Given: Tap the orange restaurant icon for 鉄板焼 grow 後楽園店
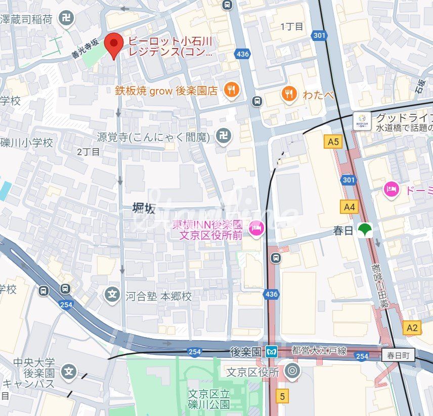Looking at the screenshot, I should coord(232,90).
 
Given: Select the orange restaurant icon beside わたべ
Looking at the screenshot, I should coord(289,94).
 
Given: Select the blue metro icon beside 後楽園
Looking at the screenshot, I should coord(272,351).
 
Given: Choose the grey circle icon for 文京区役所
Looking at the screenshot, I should coord(292,372).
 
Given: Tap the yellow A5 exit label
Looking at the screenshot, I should coord(333,142).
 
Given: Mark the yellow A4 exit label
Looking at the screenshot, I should coord(350,206).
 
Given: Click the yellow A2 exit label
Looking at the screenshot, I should coord(412,328).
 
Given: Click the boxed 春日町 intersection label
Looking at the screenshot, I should coord(398,356).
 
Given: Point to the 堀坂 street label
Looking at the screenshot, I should coord(144,208).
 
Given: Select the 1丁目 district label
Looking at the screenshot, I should coord(292,26).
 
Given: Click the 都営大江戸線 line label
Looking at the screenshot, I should coord(319,350).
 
